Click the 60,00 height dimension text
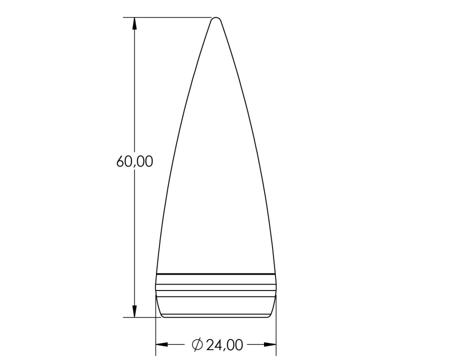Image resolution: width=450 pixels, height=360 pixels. point(134,162)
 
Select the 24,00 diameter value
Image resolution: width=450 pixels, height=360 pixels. point(224,345)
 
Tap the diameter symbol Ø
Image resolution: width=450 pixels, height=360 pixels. point(197,344)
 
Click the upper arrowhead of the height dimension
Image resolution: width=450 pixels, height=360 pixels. point(134,23)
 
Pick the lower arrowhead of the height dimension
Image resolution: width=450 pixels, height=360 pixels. point(134,311)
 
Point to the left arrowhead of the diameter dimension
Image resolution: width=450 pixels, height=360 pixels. point(161,344)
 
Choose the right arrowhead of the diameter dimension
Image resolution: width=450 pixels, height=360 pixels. point(270,344)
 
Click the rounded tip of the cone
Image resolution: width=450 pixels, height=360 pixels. point(216,18)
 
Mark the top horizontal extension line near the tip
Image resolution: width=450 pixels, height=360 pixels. point(167,17)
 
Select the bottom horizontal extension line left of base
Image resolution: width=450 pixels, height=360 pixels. point(142,317)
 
